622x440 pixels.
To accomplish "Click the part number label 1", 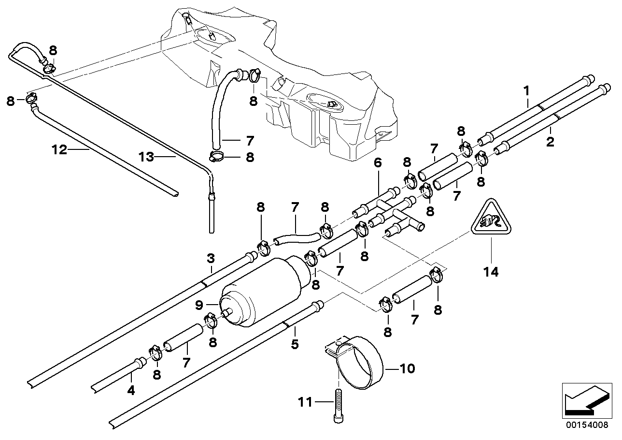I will (527, 90).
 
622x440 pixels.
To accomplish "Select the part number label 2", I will (550, 142).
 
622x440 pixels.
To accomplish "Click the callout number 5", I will (295, 344).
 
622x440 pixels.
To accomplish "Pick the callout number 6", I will (377, 163).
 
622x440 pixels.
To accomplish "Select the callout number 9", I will (199, 305).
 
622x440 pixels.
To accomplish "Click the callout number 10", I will (408, 369).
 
